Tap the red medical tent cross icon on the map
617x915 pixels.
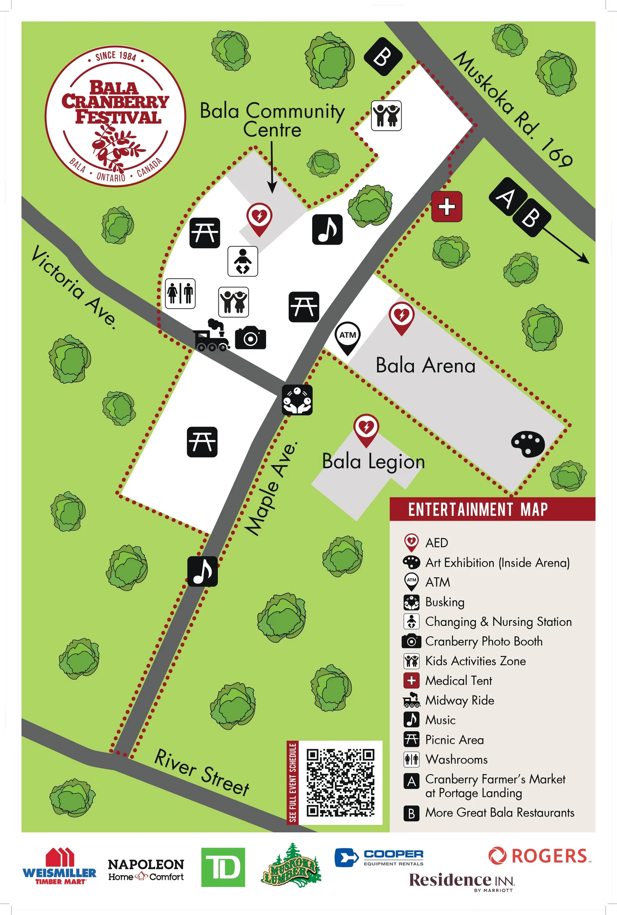447,207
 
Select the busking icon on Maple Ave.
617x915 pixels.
297,400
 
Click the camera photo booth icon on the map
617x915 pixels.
251,338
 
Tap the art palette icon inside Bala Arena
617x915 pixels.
528,444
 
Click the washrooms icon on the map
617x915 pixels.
180,293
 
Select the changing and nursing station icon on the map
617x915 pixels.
243,261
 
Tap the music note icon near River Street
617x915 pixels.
202,571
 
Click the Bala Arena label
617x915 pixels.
425,366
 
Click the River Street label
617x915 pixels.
202,772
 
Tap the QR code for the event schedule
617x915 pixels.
340,783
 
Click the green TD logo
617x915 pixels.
223,867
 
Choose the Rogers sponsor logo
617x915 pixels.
539,856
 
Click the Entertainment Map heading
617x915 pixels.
478,509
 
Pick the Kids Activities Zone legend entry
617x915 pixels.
475,661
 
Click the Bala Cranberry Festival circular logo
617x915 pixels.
116,116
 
